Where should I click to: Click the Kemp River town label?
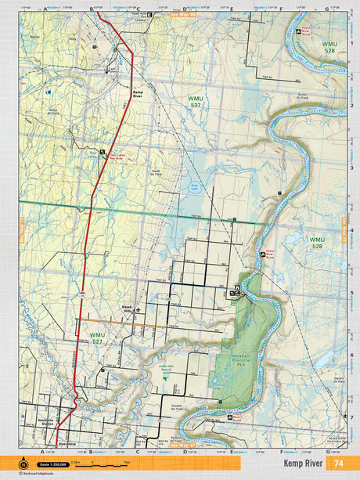point(139,93)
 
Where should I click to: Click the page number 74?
point(339,463)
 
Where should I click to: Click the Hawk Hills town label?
point(122,309)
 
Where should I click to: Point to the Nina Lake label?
point(196,186)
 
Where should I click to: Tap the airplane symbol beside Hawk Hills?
point(139,309)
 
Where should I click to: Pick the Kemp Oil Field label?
point(53,112)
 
